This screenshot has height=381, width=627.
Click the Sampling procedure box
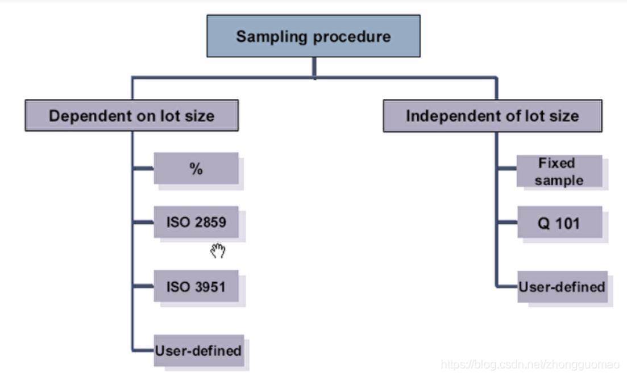pyautogui.click(x=313, y=36)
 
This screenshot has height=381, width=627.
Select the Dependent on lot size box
pyautogui.click(x=131, y=116)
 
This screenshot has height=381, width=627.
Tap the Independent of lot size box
pyautogui.click(x=492, y=116)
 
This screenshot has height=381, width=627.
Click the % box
pyautogui.click(x=196, y=169)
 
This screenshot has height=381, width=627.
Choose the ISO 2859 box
pyautogui.click(x=196, y=222)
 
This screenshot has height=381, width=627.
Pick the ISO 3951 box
pyautogui.click(x=196, y=287)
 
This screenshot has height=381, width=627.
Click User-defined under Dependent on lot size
pyautogui.click(x=198, y=350)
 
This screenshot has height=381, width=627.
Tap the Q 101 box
pyautogui.click(x=559, y=223)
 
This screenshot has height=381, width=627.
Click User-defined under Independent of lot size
pyautogui.click(x=562, y=287)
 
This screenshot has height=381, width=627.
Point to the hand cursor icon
pyautogui.click(x=218, y=250)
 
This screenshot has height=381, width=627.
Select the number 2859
pyautogui.click(x=210, y=222)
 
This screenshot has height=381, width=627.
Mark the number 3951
pyautogui.click(x=210, y=287)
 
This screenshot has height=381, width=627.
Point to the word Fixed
pyautogui.click(x=557, y=164)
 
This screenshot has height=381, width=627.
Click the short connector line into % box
pyautogui.click(x=143, y=168)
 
